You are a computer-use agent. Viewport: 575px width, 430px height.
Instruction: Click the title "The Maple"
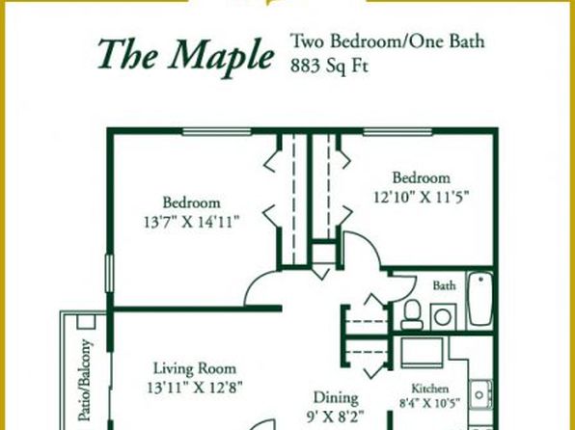click(x=186, y=56)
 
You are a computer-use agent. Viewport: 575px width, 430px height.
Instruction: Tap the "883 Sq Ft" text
click(x=329, y=66)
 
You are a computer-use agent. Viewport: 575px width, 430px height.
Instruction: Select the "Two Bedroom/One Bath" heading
click(x=387, y=41)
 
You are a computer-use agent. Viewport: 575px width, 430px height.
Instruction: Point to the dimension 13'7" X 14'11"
click(x=192, y=222)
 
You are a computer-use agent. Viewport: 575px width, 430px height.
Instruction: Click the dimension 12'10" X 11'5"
click(x=422, y=198)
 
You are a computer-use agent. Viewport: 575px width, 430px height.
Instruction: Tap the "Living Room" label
click(x=194, y=368)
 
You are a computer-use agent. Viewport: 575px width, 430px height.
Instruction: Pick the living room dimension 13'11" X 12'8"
click(x=195, y=388)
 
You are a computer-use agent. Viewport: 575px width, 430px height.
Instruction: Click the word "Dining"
click(x=336, y=398)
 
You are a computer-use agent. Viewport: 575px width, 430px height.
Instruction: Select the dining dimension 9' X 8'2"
click(x=335, y=417)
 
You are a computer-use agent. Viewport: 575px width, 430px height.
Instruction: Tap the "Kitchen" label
click(x=429, y=389)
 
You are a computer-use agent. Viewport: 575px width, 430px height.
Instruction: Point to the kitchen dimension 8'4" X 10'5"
click(x=429, y=403)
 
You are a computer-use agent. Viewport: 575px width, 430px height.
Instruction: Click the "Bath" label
click(x=444, y=285)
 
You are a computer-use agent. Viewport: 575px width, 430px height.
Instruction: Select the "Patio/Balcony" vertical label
click(x=84, y=380)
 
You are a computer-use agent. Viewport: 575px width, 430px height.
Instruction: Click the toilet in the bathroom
click(x=412, y=315)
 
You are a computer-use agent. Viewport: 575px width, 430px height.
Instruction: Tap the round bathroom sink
click(x=443, y=317)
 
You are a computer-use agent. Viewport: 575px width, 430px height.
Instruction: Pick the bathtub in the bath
click(x=480, y=299)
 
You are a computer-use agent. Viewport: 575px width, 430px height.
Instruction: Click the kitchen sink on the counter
click(x=480, y=394)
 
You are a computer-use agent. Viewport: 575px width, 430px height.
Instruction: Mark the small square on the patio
click(x=86, y=321)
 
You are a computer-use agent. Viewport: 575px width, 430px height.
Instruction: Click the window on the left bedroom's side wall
click(x=109, y=274)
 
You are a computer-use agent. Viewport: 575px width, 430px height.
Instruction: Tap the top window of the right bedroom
click(x=397, y=131)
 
